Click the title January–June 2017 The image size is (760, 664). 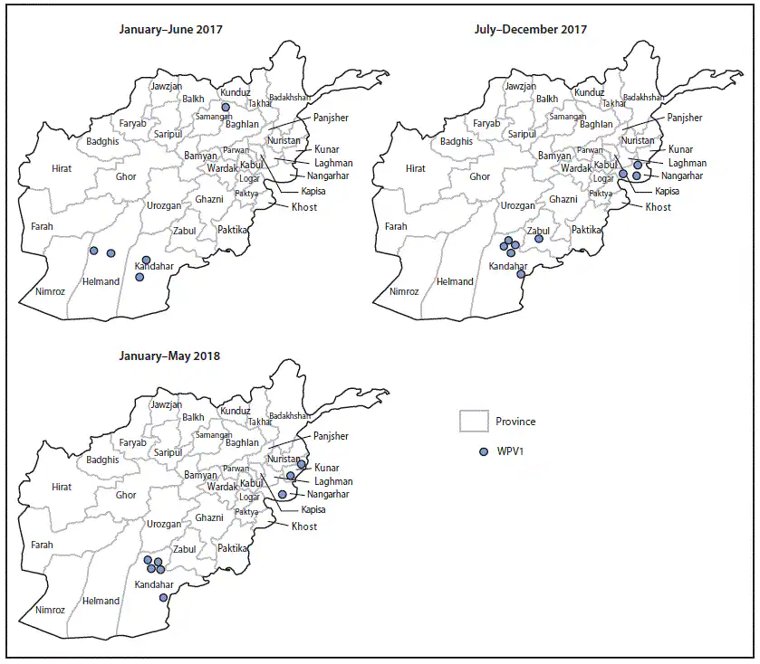click(170, 30)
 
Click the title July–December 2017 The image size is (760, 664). click(530, 30)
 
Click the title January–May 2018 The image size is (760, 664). click(168, 356)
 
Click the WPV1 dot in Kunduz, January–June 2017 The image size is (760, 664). click(226, 107)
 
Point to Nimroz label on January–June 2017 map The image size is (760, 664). click(51, 291)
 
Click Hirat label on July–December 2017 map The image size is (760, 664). click(415, 168)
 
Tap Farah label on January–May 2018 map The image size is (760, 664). click(43, 545)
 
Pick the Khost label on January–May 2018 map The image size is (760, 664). click(304, 526)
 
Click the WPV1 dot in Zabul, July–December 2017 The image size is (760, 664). click(539, 239)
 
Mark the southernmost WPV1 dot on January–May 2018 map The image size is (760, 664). click(163, 597)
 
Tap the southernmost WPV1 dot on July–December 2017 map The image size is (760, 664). click(521, 274)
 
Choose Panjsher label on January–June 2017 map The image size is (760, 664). click(330, 118)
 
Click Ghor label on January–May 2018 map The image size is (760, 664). click(126, 496)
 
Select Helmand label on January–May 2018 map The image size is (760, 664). click(101, 601)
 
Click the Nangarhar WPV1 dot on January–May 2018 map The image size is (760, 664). click(283, 494)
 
